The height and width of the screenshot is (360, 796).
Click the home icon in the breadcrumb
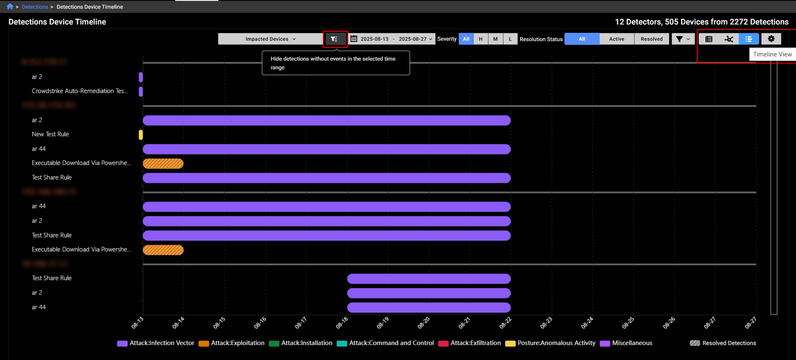coord(10,7)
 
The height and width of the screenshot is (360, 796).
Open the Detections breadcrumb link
coord(35,7)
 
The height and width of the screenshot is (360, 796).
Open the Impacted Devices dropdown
coord(270,39)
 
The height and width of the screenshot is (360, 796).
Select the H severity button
coord(481,39)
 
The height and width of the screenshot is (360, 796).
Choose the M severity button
coord(495,39)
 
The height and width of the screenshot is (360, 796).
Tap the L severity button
coord(510,39)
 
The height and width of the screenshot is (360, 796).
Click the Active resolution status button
coord(616,39)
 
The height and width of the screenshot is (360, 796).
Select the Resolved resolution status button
coord(652,39)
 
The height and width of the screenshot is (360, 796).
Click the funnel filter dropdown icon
coord(683,39)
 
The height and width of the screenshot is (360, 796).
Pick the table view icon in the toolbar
coord(709,39)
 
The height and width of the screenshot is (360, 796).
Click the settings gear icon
coord(771,39)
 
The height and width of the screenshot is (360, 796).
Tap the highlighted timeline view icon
coord(749,39)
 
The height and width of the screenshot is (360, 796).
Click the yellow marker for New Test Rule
coord(141,135)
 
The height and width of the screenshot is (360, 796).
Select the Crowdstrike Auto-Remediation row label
coord(80,91)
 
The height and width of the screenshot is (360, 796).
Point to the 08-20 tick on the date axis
coord(424,322)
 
